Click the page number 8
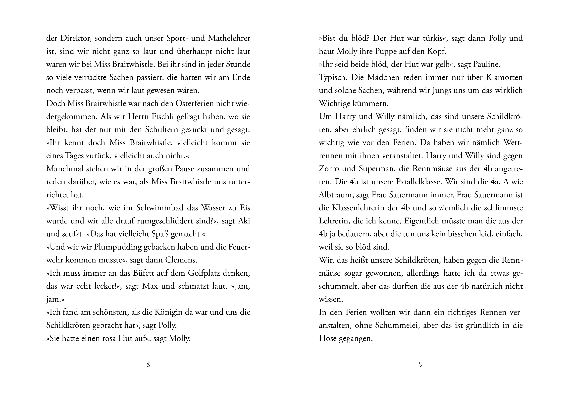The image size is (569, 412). click(148, 364)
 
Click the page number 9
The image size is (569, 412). click(421, 364)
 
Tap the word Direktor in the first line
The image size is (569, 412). click(73, 38)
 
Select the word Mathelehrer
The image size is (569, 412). click(229, 38)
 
